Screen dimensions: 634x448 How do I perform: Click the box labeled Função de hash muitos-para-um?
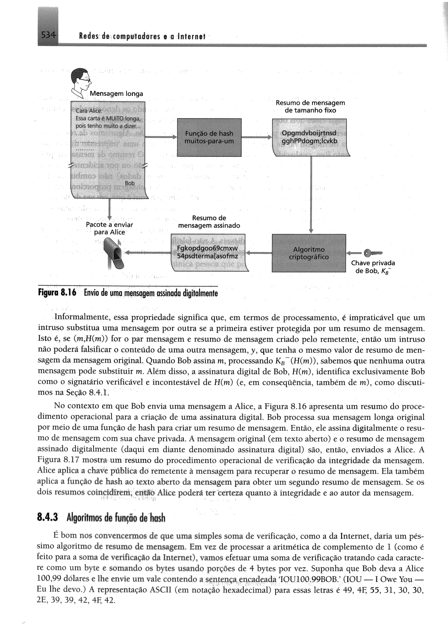pos(209,137)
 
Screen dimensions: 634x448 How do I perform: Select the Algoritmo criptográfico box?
pos(309,253)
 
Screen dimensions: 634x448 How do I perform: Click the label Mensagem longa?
pos(116,94)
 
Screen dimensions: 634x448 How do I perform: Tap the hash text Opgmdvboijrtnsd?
pos(309,133)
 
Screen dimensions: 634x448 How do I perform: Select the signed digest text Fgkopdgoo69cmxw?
pos(207,248)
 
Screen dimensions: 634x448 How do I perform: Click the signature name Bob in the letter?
pos(130,183)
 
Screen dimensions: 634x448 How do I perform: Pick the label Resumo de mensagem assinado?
pos(209,222)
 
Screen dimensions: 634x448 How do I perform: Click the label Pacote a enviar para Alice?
pos(110,228)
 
